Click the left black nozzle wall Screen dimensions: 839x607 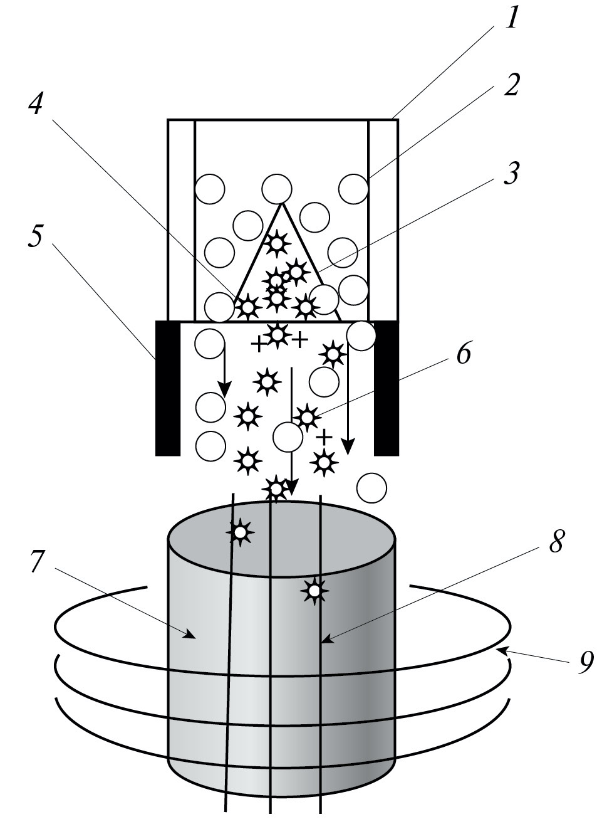tap(167, 387)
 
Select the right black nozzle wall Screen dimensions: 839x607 tap(386, 387)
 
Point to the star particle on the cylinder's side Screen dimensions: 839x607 tap(314, 590)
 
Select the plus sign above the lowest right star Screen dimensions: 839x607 tap(324, 436)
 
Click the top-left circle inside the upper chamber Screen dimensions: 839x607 tap(209, 188)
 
